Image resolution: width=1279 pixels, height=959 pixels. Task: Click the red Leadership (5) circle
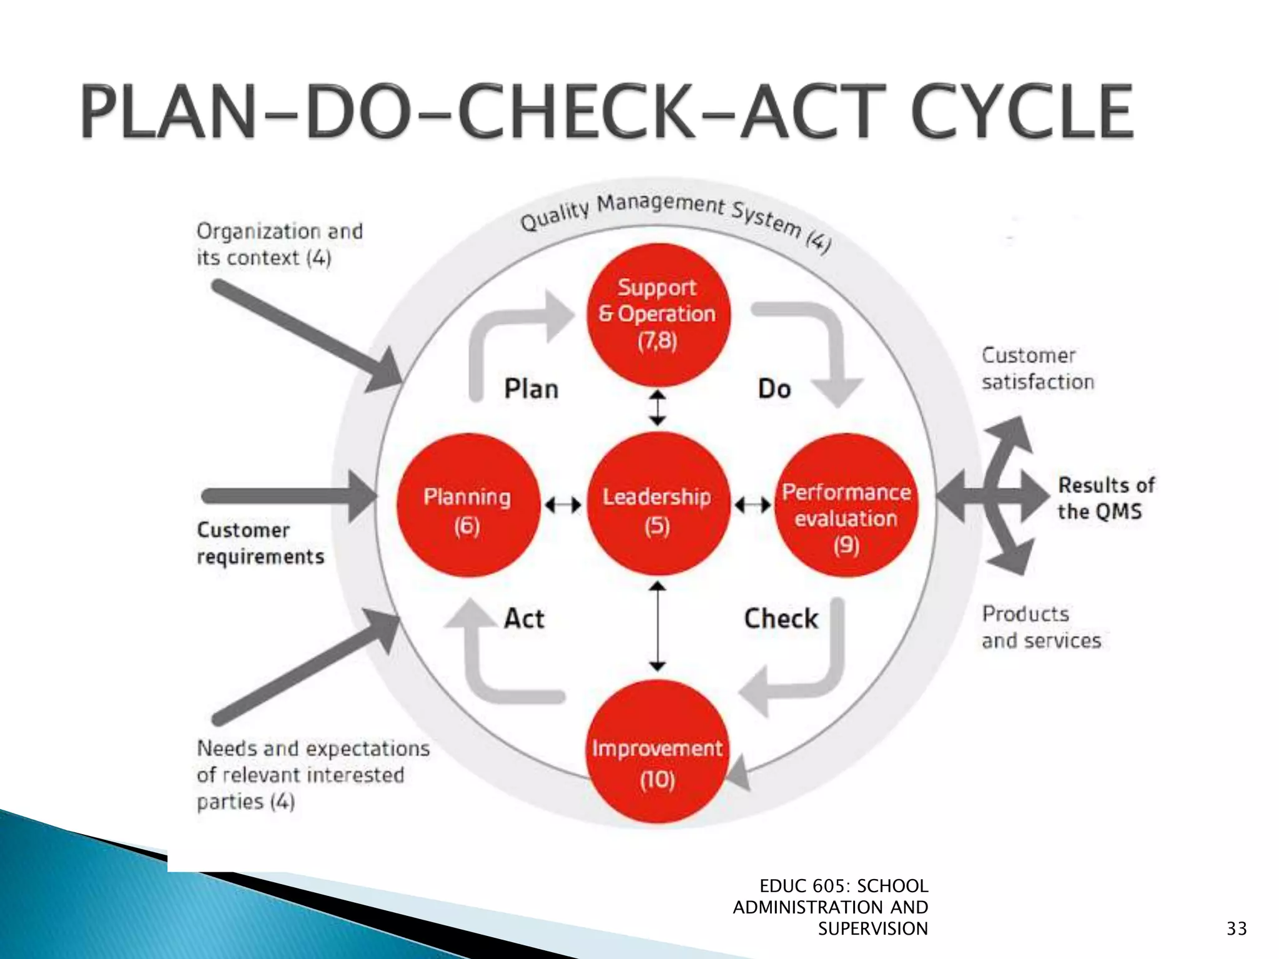click(658, 504)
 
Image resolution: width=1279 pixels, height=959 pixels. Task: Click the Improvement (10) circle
click(658, 752)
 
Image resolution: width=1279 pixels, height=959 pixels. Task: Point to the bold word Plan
click(531, 389)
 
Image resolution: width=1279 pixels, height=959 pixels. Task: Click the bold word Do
click(774, 389)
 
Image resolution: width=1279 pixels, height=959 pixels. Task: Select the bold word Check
click(781, 619)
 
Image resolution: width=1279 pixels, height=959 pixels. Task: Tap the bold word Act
click(524, 619)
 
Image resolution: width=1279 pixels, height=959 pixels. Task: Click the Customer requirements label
click(260, 543)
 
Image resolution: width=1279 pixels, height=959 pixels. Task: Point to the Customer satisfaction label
click(1037, 368)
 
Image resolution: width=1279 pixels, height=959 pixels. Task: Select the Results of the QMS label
click(1105, 498)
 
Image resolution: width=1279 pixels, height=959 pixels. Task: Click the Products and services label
click(1041, 627)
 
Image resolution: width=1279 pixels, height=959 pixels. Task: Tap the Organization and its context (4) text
click(279, 244)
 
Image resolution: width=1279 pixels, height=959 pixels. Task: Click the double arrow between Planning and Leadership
click(563, 504)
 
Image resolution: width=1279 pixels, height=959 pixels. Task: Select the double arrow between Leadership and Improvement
click(658, 626)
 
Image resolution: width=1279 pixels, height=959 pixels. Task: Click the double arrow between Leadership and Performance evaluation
click(753, 504)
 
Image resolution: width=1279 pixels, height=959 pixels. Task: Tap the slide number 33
click(1236, 928)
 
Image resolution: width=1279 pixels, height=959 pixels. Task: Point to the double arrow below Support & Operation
click(658, 408)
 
